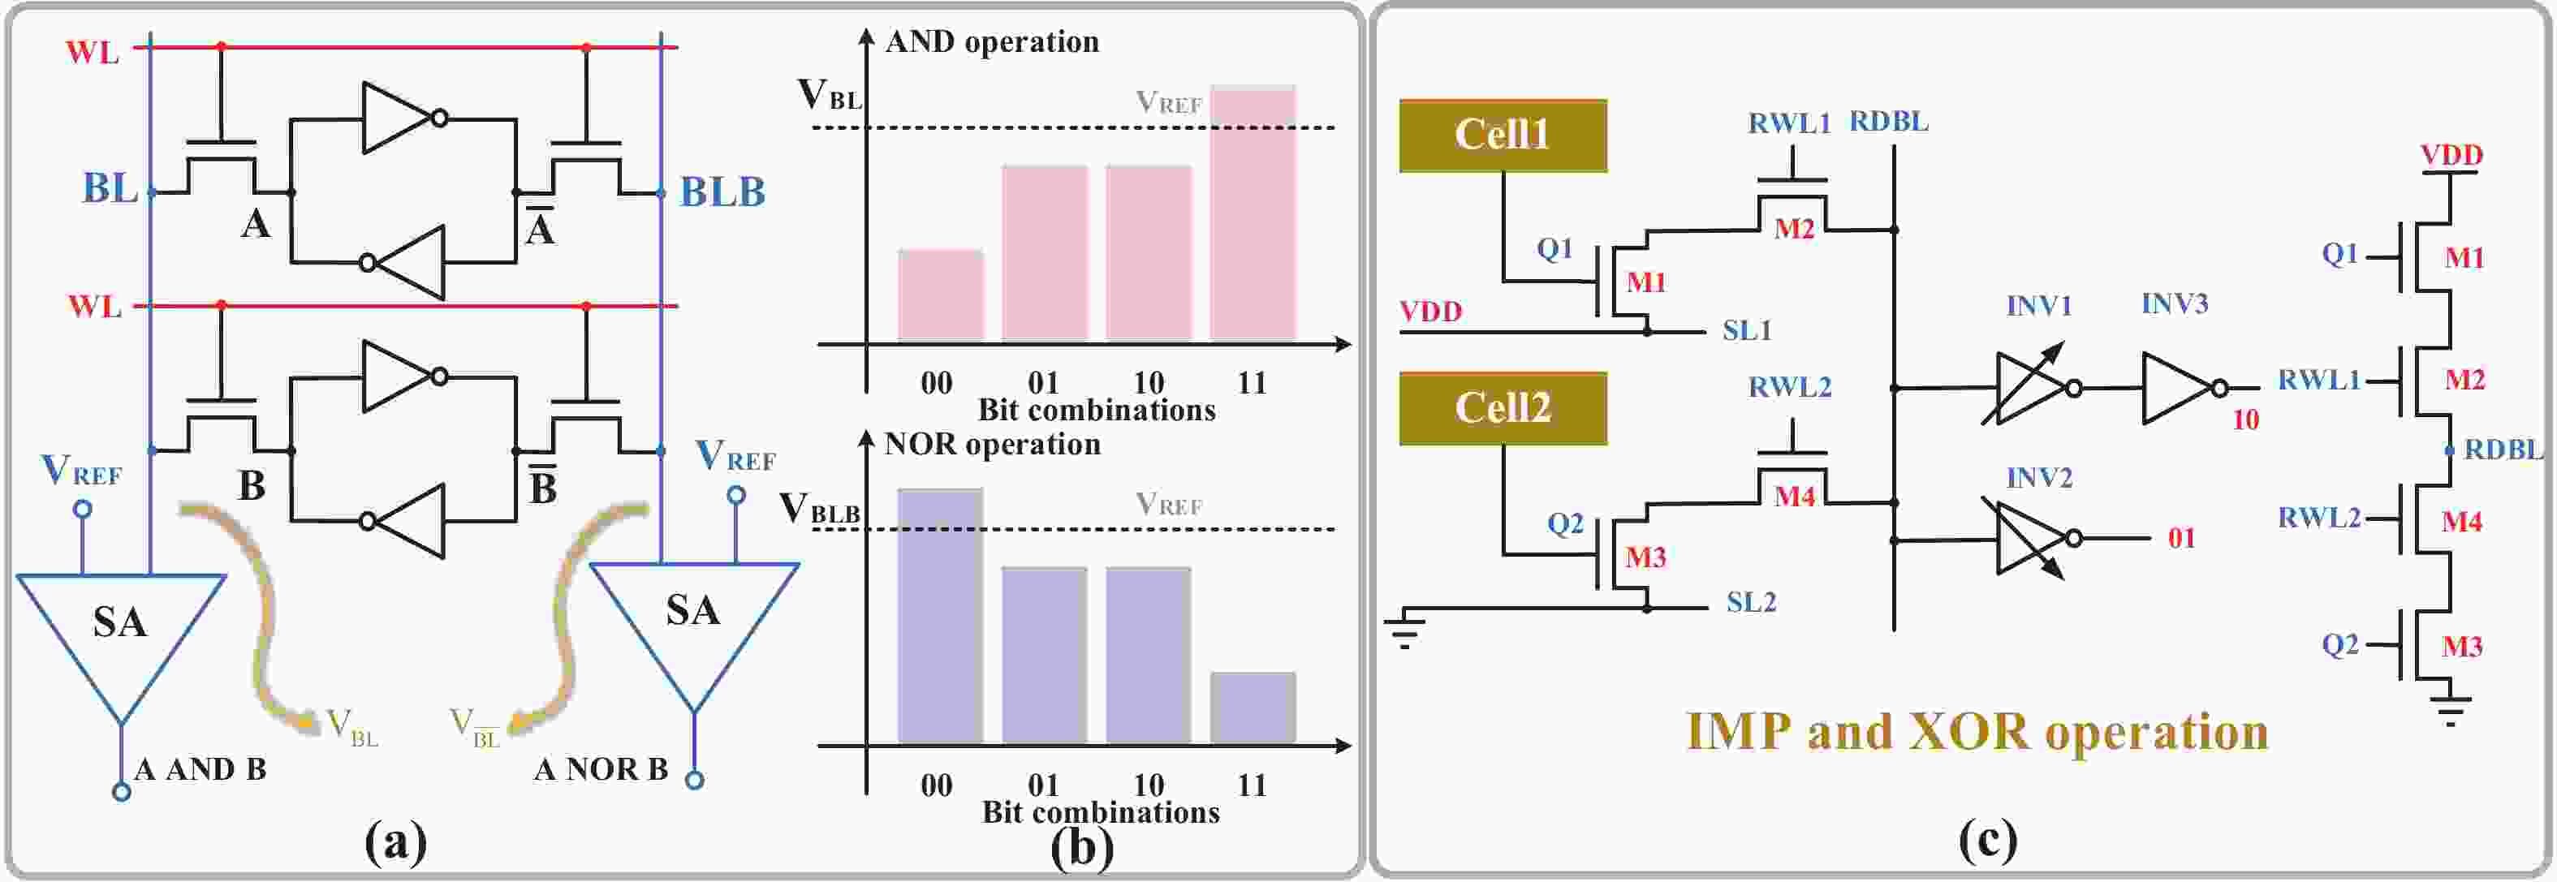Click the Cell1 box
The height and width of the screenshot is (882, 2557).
pyautogui.click(x=1502, y=135)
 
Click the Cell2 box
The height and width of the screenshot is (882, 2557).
pyautogui.click(x=1502, y=408)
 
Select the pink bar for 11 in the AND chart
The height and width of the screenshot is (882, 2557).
pyautogui.click(x=1252, y=214)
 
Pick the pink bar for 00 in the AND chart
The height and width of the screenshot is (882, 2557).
pyautogui.click(x=940, y=295)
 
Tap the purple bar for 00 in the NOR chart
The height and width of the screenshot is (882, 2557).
pyautogui.click(x=940, y=615)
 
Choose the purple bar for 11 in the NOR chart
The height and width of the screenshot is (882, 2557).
pyautogui.click(x=1252, y=708)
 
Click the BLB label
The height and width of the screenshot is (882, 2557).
pyautogui.click(x=722, y=192)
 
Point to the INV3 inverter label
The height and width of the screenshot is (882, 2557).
pyautogui.click(x=2174, y=303)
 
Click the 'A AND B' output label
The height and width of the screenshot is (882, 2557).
pyautogui.click(x=201, y=769)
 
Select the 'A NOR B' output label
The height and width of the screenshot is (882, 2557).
pyautogui.click(x=601, y=769)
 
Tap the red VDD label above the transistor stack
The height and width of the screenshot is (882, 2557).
pyautogui.click(x=2451, y=156)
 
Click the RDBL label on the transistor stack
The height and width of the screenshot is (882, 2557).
pyautogui.click(x=2503, y=450)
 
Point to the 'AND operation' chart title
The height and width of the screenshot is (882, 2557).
pyautogui.click(x=992, y=41)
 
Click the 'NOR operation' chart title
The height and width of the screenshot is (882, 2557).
pyautogui.click(x=993, y=444)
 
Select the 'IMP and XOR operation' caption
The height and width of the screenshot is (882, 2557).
pyautogui.click(x=1977, y=731)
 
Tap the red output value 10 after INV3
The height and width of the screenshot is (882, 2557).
pyautogui.click(x=2245, y=419)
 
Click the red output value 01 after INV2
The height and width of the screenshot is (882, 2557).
pyautogui.click(x=2181, y=538)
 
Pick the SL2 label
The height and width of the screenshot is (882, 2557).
pyautogui.click(x=1751, y=602)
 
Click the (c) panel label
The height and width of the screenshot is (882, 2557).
pyautogui.click(x=1987, y=839)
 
